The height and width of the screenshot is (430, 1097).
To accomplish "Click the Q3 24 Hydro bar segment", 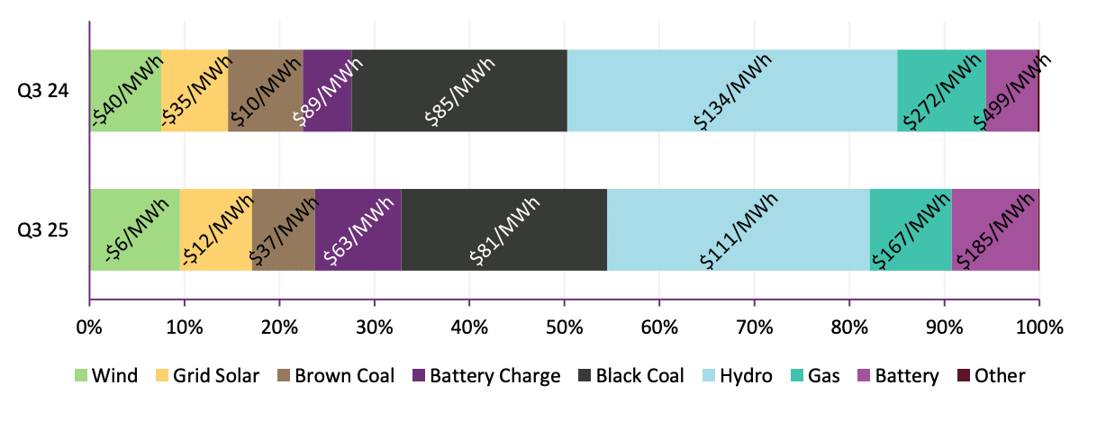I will point(732,91).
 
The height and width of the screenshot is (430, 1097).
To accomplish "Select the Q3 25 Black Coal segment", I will point(503,229).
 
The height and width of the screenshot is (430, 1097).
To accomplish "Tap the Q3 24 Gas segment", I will point(941,91).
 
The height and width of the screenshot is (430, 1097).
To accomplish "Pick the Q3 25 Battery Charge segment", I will point(358,229).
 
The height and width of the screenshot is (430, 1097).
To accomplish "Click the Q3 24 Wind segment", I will point(125,91).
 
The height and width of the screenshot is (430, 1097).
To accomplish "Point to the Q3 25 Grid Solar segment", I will point(215,229).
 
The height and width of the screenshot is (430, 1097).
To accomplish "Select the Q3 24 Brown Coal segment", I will point(265,91).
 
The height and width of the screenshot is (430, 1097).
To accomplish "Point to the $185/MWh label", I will point(995,229).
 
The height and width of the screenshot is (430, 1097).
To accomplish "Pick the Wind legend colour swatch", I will point(81,376).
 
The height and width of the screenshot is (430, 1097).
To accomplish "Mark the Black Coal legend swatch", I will point(585,376).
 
